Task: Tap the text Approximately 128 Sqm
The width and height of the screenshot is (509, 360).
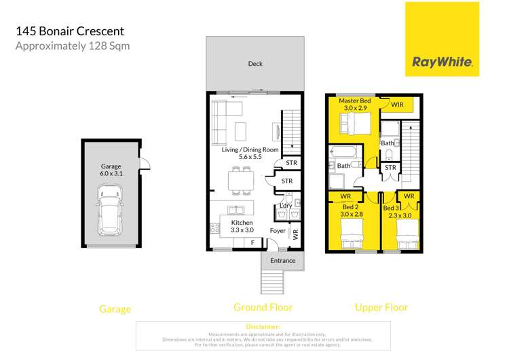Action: (x=72, y=46)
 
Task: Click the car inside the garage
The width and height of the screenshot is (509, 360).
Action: (x=110, y=213)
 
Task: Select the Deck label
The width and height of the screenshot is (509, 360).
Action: (x=255, y=64)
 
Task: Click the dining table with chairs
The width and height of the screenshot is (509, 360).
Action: (x=241, y=180)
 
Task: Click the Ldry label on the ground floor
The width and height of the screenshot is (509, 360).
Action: (x=286, y=206)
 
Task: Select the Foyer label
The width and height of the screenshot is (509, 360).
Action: (x=278, y=230)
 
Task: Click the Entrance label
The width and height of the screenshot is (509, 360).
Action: (x=283, y=260)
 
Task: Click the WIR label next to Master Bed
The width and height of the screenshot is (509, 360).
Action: (x=398, y=105)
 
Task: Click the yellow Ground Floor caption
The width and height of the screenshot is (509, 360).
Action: (x=263, y=308)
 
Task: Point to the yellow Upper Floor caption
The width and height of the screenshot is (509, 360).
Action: (x=381, y=308)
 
